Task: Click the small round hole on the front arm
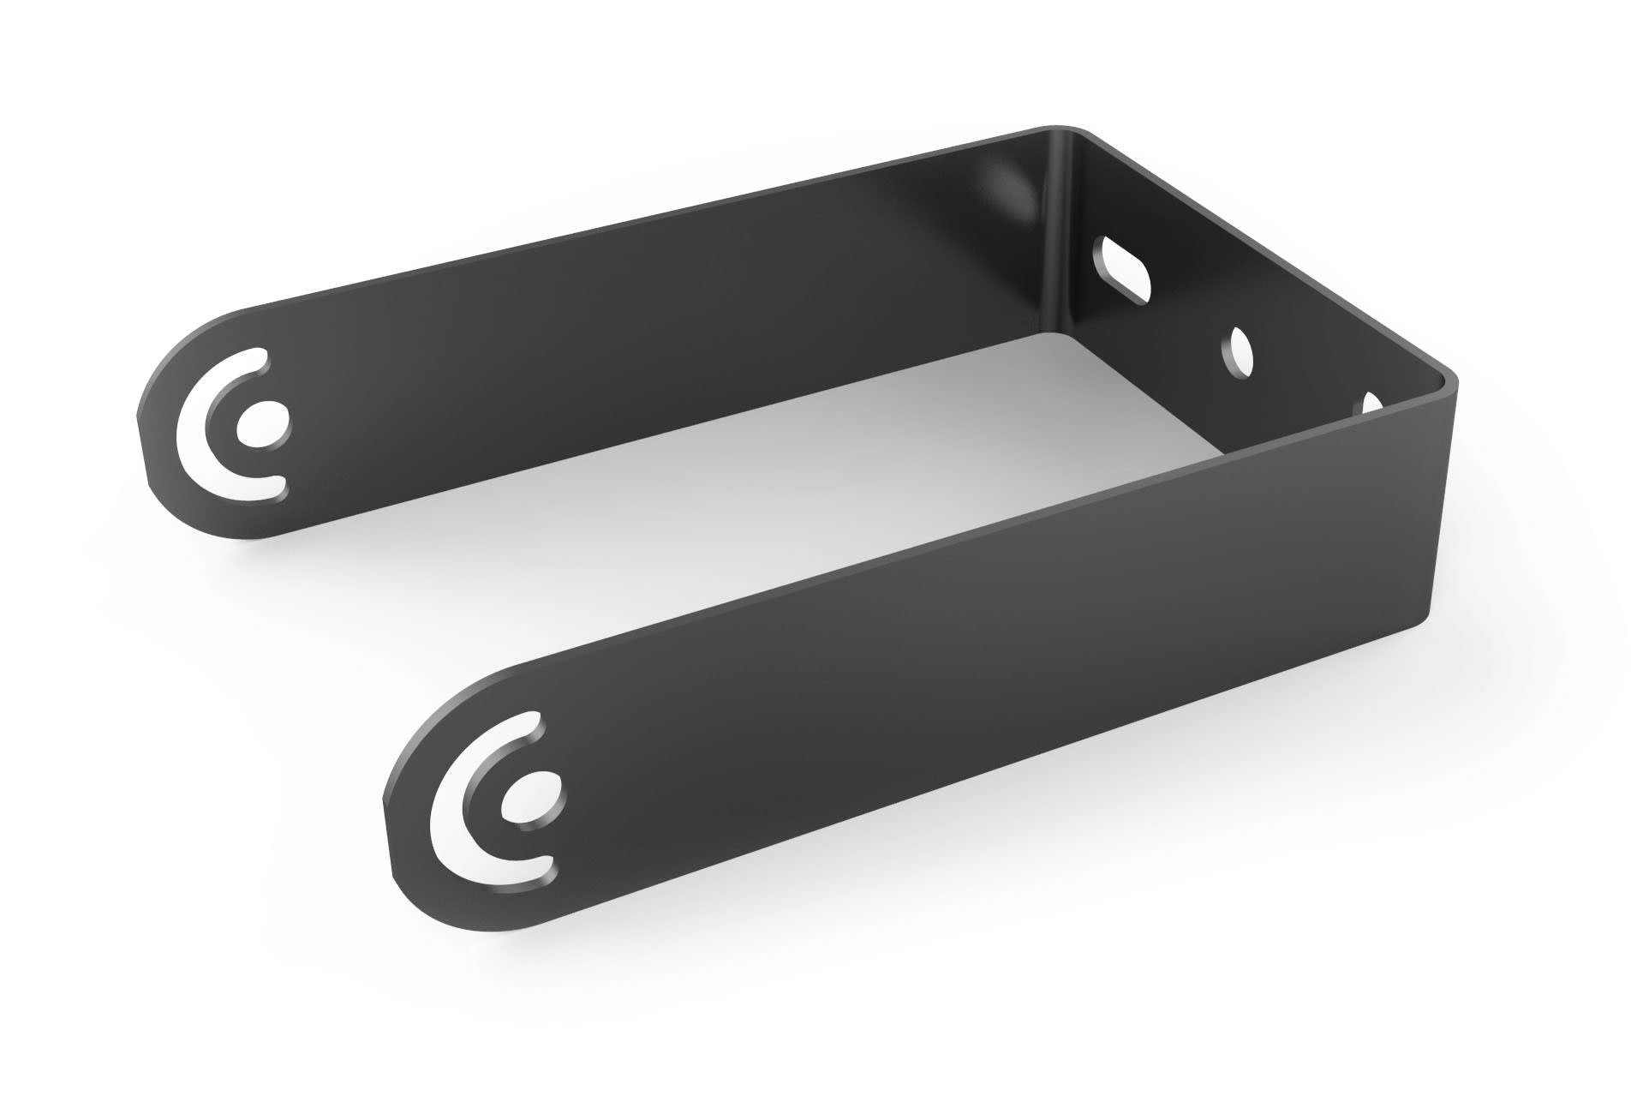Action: (536, 794)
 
